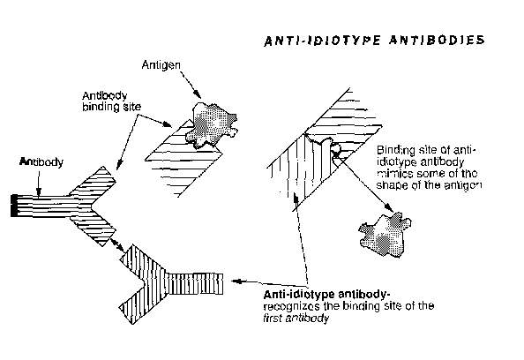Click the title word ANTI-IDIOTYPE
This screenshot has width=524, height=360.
(322, 41)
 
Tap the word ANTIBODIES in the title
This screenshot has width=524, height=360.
(437, 40)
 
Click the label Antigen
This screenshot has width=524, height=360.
(161, 65)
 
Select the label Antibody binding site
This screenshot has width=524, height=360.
(112, 101)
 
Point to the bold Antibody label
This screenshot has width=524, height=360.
(41, 162)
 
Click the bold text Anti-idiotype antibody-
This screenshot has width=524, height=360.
(326, 295)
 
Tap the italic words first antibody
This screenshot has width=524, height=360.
(296, 318)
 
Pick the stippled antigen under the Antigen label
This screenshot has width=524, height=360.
(212, 125)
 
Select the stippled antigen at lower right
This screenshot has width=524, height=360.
(385, 235)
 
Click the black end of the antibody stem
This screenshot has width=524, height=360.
(14, 206)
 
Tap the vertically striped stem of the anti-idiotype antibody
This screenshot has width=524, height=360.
(194, 284)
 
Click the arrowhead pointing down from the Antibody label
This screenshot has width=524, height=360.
(39, 192)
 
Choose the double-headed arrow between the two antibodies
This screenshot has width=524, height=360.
(117, 245)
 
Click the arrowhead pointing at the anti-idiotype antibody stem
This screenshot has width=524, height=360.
(236, 281)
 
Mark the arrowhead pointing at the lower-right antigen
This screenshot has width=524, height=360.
(389, 207)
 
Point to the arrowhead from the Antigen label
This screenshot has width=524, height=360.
(198, 94)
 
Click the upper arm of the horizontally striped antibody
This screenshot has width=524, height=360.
(93, 183)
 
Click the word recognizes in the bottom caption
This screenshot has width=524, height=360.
(291, 306)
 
